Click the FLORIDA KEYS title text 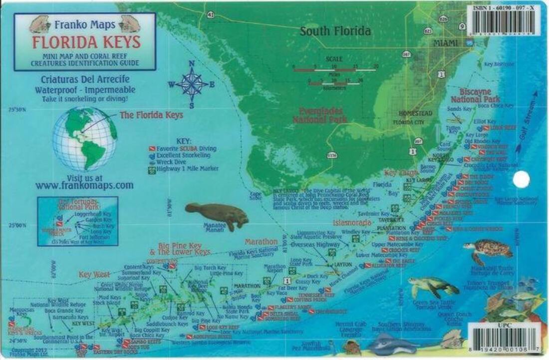click(86, 42)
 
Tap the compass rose click(192, 83)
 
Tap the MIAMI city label click(445, 43)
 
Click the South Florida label click(335, 31)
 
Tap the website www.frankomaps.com click(84, 185)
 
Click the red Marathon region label click(261, 242)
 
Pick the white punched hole click(521, 179)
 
